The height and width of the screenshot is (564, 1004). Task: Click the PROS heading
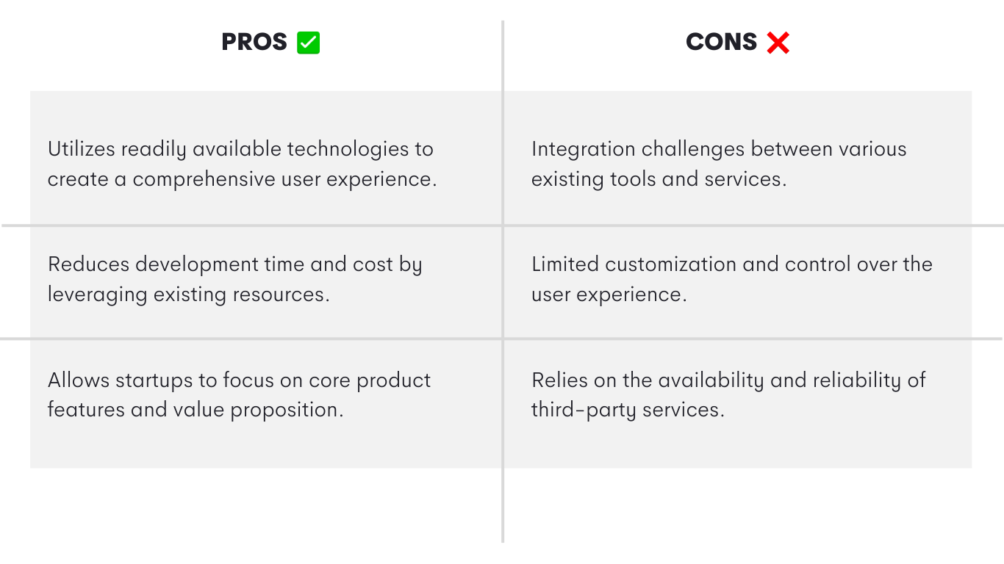[x=254, y=42]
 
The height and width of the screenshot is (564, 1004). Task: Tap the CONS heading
[x=721, y=42]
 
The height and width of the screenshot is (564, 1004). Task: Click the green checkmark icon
[x=309, y=43]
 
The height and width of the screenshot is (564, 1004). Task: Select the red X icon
[x=778, y=43]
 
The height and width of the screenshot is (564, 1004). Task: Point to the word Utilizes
[x=81, y=149]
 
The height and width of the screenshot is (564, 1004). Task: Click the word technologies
[x=348, y=150]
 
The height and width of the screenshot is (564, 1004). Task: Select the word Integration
[x=583, y=150]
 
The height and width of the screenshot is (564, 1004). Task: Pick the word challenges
[x=693, y=150]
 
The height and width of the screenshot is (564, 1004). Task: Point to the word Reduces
[x=88, y=264]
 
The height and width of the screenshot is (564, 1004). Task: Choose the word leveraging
[x=97, y=295]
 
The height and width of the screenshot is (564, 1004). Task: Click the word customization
[x=670, y=264]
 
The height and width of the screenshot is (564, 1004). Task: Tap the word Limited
[x=565, y=264]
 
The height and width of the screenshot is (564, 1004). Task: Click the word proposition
[x=287, y=411]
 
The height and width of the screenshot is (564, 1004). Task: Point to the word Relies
[x=559, y=380]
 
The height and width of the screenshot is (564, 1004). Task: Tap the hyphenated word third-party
[x=584, y=411]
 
